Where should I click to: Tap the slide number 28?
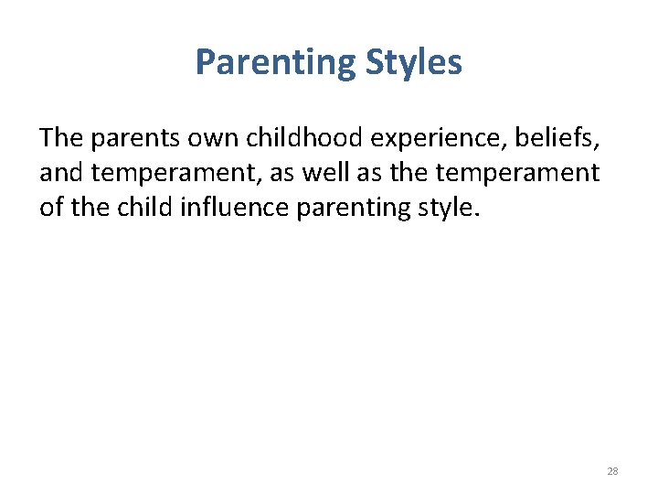click(x=612, y=471)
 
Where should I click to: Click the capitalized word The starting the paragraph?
click(x=61, y=138)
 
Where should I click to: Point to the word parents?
click(x=130, y=139)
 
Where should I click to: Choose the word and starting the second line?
click(x=60, y=173)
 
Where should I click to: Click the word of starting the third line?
click(x=51, y=208)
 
